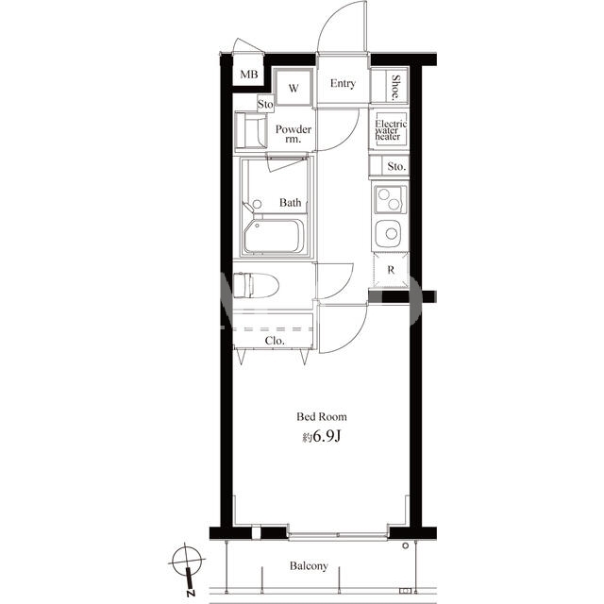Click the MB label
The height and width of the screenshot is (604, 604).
pos(249,74)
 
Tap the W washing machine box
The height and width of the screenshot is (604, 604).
pos(294,87)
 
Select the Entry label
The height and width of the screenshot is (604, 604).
pos(343,84)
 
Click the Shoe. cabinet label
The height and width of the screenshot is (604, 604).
pos(395,88)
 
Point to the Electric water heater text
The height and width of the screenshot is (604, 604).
pos(391,130)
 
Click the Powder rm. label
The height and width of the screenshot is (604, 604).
pos(294,133)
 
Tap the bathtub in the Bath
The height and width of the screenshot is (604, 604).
pos(274,236)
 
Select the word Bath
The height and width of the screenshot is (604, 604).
pos(290,202)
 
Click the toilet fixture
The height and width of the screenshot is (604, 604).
pos(256,285)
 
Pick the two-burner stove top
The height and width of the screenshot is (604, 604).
pos(390,199)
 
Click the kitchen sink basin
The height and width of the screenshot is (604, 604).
pos(389,233)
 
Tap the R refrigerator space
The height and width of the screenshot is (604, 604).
pos(391,270)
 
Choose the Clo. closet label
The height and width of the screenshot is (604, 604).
pos(275,341)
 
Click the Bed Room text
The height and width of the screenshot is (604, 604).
pos(321,416)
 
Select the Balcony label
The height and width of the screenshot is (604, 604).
pos(309,566)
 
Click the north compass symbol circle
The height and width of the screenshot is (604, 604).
pos(187,560)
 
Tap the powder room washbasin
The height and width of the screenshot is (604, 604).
pos(251,130)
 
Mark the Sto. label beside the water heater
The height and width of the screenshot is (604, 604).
pos(396,166)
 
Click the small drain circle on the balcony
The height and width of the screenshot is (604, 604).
pos(405,545)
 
